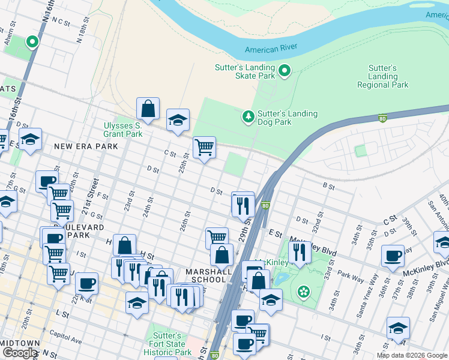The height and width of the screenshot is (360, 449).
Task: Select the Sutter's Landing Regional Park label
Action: pyautogui.click(x=382, y=77)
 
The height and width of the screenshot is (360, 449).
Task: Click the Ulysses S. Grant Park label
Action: pyautogui.click(x=122, y=130)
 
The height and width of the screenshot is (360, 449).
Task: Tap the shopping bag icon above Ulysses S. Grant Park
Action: pyautogui.click(x=148, y=109)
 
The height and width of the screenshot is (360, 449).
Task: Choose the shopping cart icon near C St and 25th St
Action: pyautogui.click(x=204, y=146)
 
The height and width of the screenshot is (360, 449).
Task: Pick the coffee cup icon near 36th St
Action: pyautogui.click(x=393, y=256)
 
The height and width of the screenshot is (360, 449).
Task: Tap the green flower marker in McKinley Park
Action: pyautogui.click(x=304, y=292)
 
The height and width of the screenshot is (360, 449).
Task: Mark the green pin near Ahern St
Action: pyautogui.click(x=32, y=42)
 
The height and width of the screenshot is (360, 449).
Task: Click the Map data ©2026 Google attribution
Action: pyautogui.click(x=412, y=355)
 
